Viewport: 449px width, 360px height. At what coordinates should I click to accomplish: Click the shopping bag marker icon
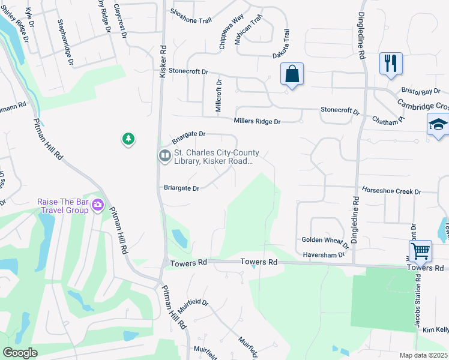292,75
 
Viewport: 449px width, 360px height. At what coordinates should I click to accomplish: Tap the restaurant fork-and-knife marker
391,63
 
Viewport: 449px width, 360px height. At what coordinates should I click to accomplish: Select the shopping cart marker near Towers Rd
420,251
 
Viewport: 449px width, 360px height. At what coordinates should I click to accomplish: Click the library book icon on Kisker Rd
164,156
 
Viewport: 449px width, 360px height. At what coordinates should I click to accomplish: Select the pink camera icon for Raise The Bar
98,206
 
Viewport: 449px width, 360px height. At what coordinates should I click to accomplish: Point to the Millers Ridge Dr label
257,121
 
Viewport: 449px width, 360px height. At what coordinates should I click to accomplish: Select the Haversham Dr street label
324,254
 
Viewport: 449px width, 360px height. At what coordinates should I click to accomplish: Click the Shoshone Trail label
191,20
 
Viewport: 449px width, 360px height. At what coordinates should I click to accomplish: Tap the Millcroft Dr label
218,95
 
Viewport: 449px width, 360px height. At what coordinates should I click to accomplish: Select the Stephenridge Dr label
65,42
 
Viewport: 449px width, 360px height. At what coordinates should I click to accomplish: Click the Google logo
20,353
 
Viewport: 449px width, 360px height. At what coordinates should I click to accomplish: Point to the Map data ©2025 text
424,355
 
